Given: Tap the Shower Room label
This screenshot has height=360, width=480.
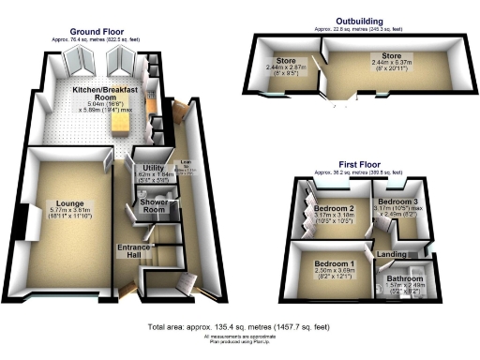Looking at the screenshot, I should (153, 205).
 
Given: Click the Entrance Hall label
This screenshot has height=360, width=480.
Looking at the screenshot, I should (133, 250).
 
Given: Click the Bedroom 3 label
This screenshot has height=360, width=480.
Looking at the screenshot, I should (397, 202).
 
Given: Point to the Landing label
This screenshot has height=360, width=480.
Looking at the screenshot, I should (390, 254).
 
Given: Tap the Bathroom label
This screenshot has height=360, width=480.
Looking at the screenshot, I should (406, 278).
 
